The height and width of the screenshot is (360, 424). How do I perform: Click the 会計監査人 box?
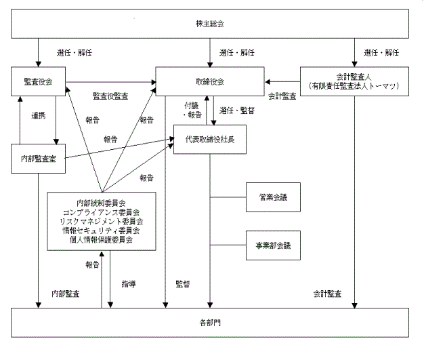(x=354, y=81)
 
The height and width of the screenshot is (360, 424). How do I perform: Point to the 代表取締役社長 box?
(x=209, y=140)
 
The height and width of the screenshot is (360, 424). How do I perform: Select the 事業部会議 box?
(x=272, y=244)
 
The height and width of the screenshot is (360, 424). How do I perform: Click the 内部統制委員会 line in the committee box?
(x=102, y=203)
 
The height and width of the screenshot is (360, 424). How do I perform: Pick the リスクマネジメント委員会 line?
(x=102, y=222)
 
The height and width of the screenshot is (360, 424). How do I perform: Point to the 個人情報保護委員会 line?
(x=102, y=240)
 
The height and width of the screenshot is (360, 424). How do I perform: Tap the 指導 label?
(x=129, y=283)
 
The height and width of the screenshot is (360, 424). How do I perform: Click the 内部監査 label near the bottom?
(x=66, y=294)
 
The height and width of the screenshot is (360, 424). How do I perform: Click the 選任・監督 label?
(x=237, y=110)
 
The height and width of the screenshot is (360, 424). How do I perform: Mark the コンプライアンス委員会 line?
(x=102, y=212)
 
